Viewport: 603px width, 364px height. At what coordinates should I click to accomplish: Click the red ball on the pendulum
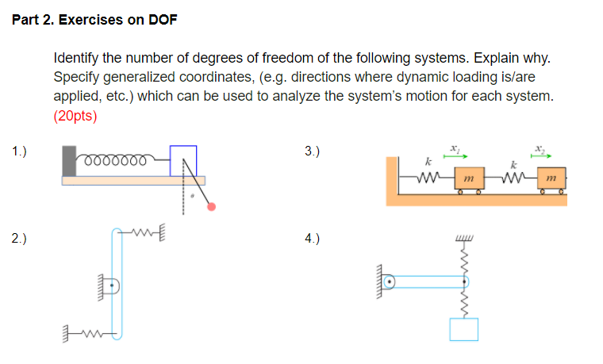point(211,207)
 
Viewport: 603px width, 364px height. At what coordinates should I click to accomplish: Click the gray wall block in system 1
point(69,161)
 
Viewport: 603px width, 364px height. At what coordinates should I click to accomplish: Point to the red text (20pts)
point(75,115)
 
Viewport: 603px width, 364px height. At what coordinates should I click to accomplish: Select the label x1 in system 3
point(454,148)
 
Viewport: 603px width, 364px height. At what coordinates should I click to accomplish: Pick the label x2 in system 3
point(540,148)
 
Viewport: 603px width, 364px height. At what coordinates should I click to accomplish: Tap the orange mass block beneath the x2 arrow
point(551,181)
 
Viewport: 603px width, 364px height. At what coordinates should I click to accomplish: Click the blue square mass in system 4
point(463,329)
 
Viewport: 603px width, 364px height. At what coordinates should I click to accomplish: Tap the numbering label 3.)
point(313,150)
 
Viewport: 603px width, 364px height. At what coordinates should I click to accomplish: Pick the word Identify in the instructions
point(76,59)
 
